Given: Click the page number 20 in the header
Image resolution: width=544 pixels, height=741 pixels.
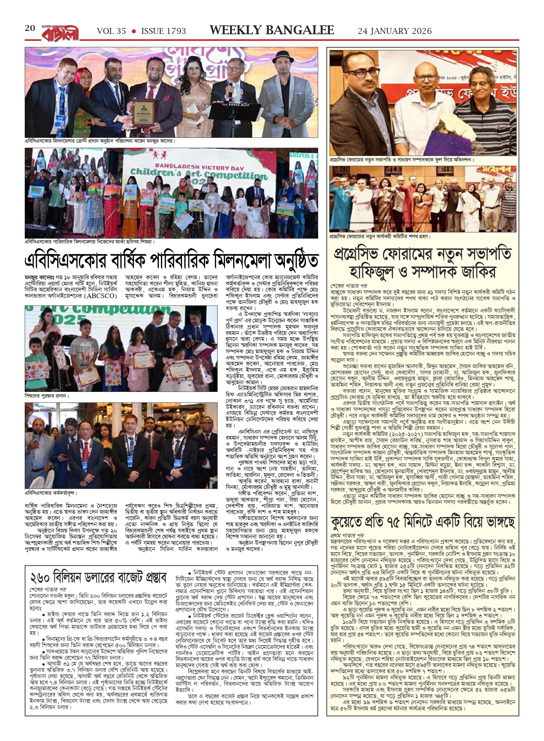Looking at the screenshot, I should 30,28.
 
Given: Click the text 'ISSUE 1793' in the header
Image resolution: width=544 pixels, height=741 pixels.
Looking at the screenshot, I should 164,31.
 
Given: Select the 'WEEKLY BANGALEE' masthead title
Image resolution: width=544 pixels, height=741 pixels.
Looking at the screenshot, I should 272,30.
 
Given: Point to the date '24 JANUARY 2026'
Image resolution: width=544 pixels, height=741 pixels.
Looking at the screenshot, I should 395,31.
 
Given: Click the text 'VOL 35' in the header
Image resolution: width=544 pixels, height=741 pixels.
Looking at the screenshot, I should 111,31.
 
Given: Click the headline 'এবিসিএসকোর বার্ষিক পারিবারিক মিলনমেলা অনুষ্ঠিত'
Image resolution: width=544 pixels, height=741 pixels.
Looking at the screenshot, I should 171,261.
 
